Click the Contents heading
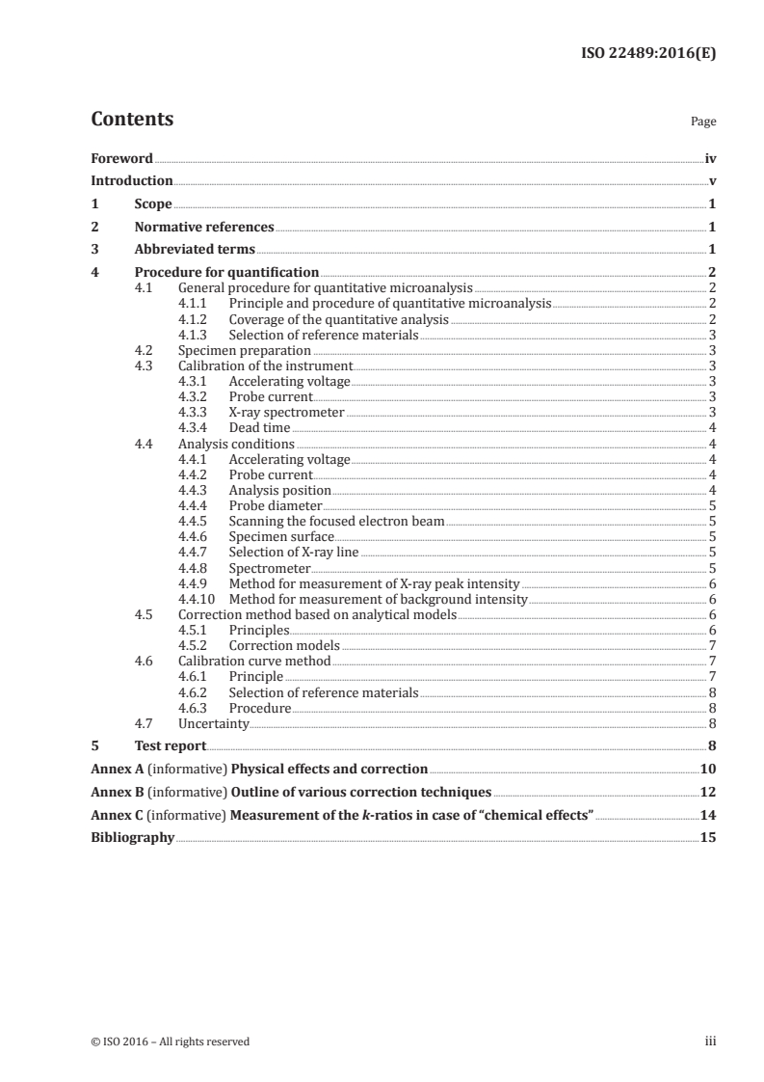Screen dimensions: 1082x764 point(132,120)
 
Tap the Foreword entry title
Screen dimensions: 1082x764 point(121,158)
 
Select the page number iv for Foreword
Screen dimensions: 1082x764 point(709,158)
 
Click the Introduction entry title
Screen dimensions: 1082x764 point(131,181)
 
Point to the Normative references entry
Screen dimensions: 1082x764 point(204,228)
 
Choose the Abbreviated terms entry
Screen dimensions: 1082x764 point(195,251)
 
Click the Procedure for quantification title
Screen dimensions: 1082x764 point(226,273)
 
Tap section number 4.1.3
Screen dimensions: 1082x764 point(197,335)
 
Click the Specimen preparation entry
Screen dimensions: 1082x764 point(245,351)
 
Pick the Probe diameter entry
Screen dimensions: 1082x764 point(276,505)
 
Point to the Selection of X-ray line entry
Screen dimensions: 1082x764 point(293,552)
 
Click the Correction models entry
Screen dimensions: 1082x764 point(284,645)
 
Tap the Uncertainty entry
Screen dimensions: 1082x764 point(214,722)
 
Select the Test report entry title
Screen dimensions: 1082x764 point(170,745)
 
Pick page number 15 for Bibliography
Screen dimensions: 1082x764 point(708,838)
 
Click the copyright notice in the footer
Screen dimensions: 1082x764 point(170,1041)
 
